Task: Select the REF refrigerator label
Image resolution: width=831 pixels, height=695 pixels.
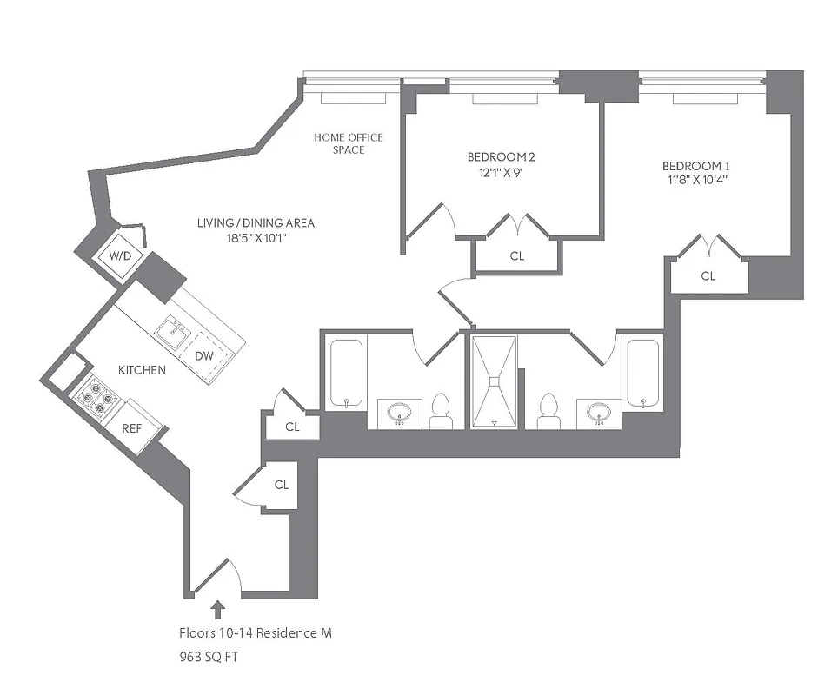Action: [x=132, y=427]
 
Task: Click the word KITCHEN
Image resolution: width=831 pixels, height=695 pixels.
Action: [x=142, y=370]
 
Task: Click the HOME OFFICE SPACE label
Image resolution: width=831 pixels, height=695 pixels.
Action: [x=348, y=143]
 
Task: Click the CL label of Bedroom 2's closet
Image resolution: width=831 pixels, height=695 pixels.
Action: [x=517, y=256]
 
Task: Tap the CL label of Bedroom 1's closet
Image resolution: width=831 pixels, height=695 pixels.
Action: [x=708, y=276]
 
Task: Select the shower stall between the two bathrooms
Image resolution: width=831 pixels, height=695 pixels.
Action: [x=493, y=381]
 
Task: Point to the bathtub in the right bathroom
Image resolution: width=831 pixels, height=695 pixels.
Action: [x=643, y=374]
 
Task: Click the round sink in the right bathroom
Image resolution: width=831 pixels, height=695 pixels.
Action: [x=598, y=413]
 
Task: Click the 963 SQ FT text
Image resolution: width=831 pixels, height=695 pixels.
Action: [x=209, y=658]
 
